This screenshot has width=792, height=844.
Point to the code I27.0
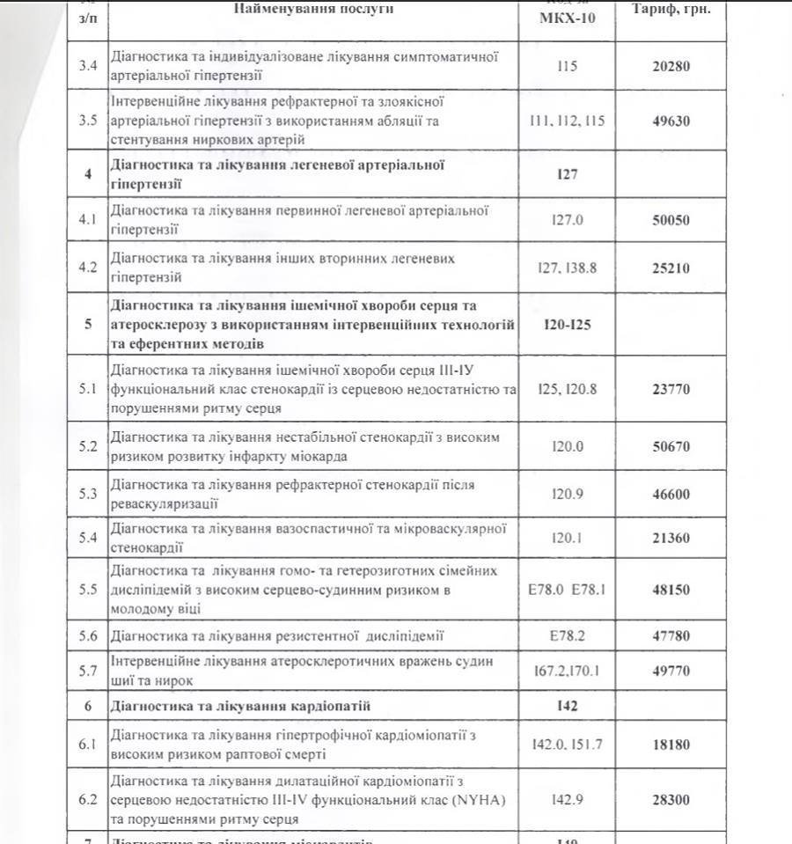coord(568,220)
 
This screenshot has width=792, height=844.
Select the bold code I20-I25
coord(568,324)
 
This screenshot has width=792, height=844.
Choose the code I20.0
coord(568,447)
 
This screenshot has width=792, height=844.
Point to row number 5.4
coord(87,537)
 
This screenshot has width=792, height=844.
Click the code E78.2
coord(568,635)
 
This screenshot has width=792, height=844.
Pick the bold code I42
coord(568,707)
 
